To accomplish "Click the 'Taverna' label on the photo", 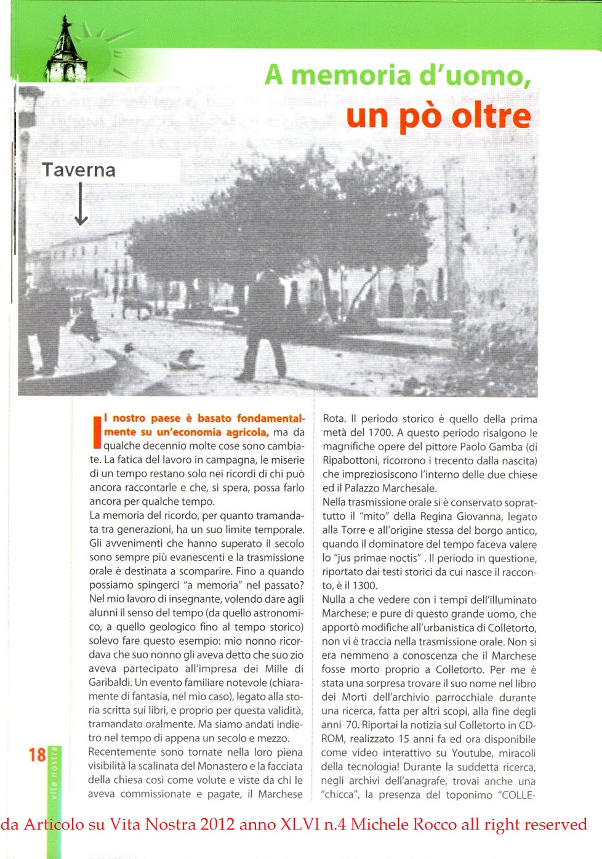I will (x=79, y=170).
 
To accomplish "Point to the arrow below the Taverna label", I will (x=81, y=205).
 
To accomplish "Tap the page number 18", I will (x=37, y=755).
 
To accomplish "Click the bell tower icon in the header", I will (x=66, y=52).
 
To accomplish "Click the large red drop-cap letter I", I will (x=96, y=431).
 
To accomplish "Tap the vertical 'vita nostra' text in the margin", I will (x=54, y=773).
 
